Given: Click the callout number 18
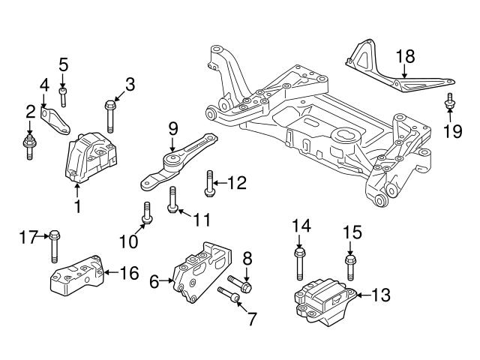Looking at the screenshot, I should coord(404,57).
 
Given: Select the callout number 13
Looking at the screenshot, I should coord(381,295).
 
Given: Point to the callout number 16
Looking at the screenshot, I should coord(130,273).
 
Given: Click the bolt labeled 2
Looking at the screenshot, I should coord(29,144).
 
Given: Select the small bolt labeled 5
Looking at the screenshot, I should coord(64,95).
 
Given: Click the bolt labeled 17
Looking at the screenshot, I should coord(54,247).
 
